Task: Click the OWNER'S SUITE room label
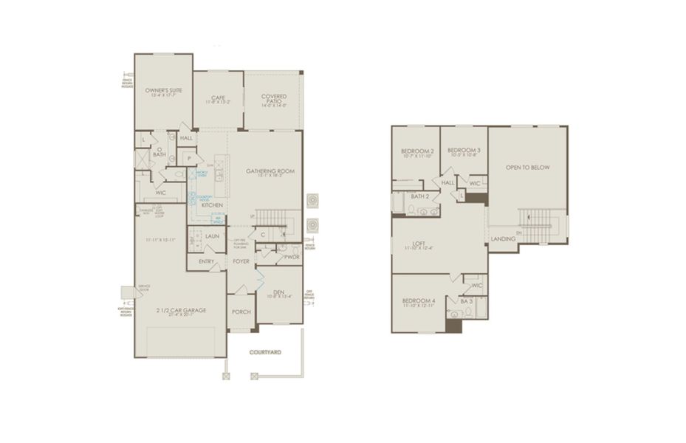(163, 90)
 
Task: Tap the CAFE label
(217, 97)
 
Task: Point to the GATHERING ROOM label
(270, 171)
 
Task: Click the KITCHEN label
(213, 205)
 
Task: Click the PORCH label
(241, 312)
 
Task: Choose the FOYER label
(241, 261)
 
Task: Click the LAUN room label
(212, 236)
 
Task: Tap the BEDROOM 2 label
(418, 151)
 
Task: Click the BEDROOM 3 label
(464, 151)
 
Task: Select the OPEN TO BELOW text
(528, 168)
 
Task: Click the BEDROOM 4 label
(418, 301)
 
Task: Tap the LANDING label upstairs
(503, 238)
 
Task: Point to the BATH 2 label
(420, 196)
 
